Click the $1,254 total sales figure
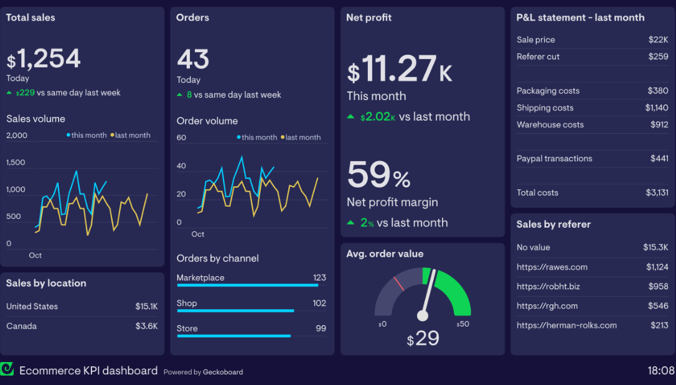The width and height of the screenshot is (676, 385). click(44, 60)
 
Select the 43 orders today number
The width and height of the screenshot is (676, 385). click(193, 60)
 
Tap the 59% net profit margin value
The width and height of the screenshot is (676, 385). click(378, 175)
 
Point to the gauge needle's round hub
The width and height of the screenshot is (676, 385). click(423, 316)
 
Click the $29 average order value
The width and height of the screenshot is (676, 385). click(423, 339)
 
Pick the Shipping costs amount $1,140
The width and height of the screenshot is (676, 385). click(656, 108)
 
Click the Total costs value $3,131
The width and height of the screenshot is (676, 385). click(656, 193)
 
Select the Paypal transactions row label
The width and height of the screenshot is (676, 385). click(554, 159)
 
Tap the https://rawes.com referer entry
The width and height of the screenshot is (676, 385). click(552, 267)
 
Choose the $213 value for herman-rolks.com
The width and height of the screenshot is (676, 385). click(659, 325)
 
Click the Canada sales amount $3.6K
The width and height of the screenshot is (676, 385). click(146, 326)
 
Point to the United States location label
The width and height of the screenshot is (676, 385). click(32, 306)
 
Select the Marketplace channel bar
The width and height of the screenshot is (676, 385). click(248, 285)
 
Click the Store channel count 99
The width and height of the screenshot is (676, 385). click(321, 328)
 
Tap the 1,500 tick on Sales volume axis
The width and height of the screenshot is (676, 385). click(16, 162)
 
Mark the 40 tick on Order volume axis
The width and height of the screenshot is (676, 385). click(181, 166)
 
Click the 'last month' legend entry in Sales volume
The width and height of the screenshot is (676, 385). click(131, 135)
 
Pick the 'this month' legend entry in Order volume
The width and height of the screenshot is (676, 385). click(257, 137)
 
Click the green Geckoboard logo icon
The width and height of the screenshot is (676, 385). click(7, 369)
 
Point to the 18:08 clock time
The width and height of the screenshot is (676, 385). click(660, 371)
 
